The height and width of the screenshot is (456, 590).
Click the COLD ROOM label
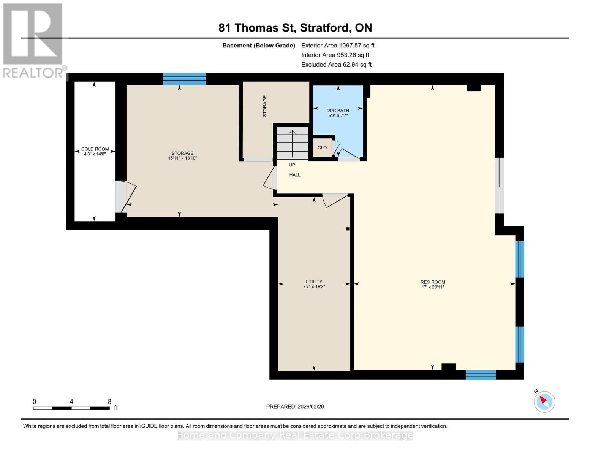click(95, 151)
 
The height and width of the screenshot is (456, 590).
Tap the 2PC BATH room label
click(338, 113)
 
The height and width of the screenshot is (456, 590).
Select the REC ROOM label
click(433, 284)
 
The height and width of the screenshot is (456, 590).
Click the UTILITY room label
click(314, 284)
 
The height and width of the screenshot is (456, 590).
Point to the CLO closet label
click(322, 147)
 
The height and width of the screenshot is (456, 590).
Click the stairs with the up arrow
click(292, 143)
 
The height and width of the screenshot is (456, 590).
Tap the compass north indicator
click(544, 401)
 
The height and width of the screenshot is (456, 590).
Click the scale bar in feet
click(71, 408)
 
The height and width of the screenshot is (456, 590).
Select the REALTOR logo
click(33, 40)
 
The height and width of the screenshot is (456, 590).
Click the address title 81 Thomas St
click(295, 28)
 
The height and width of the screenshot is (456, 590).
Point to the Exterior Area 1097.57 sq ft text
click(338, 45)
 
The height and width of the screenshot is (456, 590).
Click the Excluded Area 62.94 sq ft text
click(336, 65)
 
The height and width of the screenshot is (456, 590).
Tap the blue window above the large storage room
click(184, 79)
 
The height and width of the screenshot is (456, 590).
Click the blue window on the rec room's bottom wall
click(481, 375)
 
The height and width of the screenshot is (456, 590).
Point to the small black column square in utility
click(348, 229)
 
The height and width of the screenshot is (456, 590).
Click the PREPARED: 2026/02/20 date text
click(295, 407)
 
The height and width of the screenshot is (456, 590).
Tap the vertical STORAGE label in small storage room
click(265, 106)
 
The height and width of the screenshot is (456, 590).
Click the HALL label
click(295, 175)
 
